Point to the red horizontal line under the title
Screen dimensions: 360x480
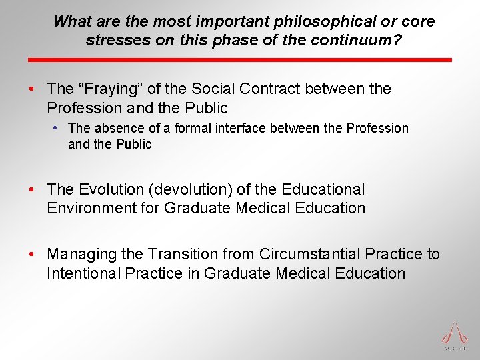239,60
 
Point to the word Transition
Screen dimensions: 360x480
182,255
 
